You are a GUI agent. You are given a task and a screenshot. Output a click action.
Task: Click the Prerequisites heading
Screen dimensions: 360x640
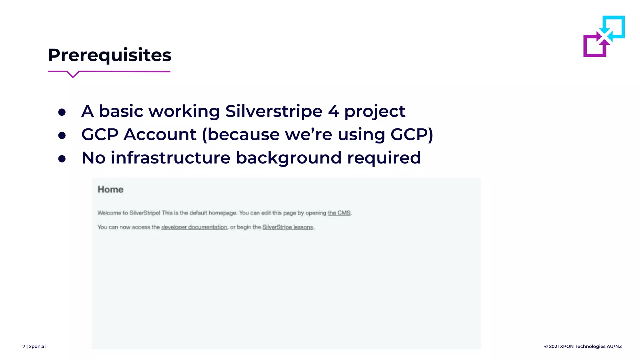pos(109,55)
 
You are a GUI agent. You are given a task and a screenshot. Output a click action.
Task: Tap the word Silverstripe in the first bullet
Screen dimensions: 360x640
pos(273,111)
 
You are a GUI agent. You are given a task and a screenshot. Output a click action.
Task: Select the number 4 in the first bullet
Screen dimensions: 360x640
pos(333,112)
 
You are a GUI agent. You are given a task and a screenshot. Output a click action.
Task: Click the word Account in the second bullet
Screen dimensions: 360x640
pos(160,135)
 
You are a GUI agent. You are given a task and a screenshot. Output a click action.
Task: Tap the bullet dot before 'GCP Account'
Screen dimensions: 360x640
pos(62,135)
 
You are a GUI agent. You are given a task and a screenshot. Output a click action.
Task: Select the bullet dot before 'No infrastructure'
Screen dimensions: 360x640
pos(62,159)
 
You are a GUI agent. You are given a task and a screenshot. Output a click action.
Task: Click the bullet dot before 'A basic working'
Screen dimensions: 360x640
pos(62,112)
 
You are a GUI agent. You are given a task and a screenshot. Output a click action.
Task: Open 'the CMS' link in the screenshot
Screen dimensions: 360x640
pos(339,213)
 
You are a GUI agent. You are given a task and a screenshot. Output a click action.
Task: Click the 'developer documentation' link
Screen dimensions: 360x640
pos(194,227)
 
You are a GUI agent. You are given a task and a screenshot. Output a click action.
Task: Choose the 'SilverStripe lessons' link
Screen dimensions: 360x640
pos(287,227)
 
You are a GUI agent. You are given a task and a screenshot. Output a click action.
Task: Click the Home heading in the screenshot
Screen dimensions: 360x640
pos(110,189)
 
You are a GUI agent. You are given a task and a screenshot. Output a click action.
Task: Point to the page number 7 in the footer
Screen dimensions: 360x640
pos(24,346)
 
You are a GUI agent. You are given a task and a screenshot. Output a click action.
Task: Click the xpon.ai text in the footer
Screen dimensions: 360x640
pos(37,346)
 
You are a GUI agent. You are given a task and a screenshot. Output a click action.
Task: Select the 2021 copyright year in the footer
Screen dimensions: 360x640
pos(554,346)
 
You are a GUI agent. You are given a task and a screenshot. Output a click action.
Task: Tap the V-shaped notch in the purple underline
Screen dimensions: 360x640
pos(73,75)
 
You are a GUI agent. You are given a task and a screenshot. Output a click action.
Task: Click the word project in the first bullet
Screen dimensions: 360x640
pos(374,112)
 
